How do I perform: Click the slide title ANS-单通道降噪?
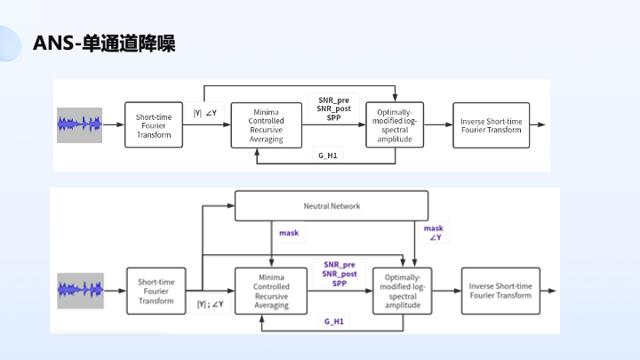tap(104, 44)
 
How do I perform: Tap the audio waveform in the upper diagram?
tap(80, 125)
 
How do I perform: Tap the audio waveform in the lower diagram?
tap(80, 291)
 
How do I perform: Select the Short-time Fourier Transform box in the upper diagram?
tap(154, 125)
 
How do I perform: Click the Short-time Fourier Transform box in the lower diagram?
tap(156, 291)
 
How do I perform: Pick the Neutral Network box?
tap(332, 205)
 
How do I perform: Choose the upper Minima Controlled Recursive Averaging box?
tap(266, 125)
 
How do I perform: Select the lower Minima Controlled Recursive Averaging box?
tap(271, 291)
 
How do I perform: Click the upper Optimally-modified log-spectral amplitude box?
tap(395, 125)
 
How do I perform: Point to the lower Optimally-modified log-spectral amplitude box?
tap(403, 291)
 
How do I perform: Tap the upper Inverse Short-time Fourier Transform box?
tap(491, 125)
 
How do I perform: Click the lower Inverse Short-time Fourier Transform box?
tap(500, 291)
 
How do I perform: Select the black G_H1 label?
tap(328, 156)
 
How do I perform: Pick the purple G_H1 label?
tap(334, 322)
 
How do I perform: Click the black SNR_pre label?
tap(334, 100)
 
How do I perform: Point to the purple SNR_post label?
tap(340, 274)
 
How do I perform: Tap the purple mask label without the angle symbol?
tap(289, 233)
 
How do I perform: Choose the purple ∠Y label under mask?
tap(436, 237)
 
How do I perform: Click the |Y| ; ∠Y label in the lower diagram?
tap(210, 304)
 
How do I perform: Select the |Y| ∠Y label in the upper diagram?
tap(205, 113)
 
